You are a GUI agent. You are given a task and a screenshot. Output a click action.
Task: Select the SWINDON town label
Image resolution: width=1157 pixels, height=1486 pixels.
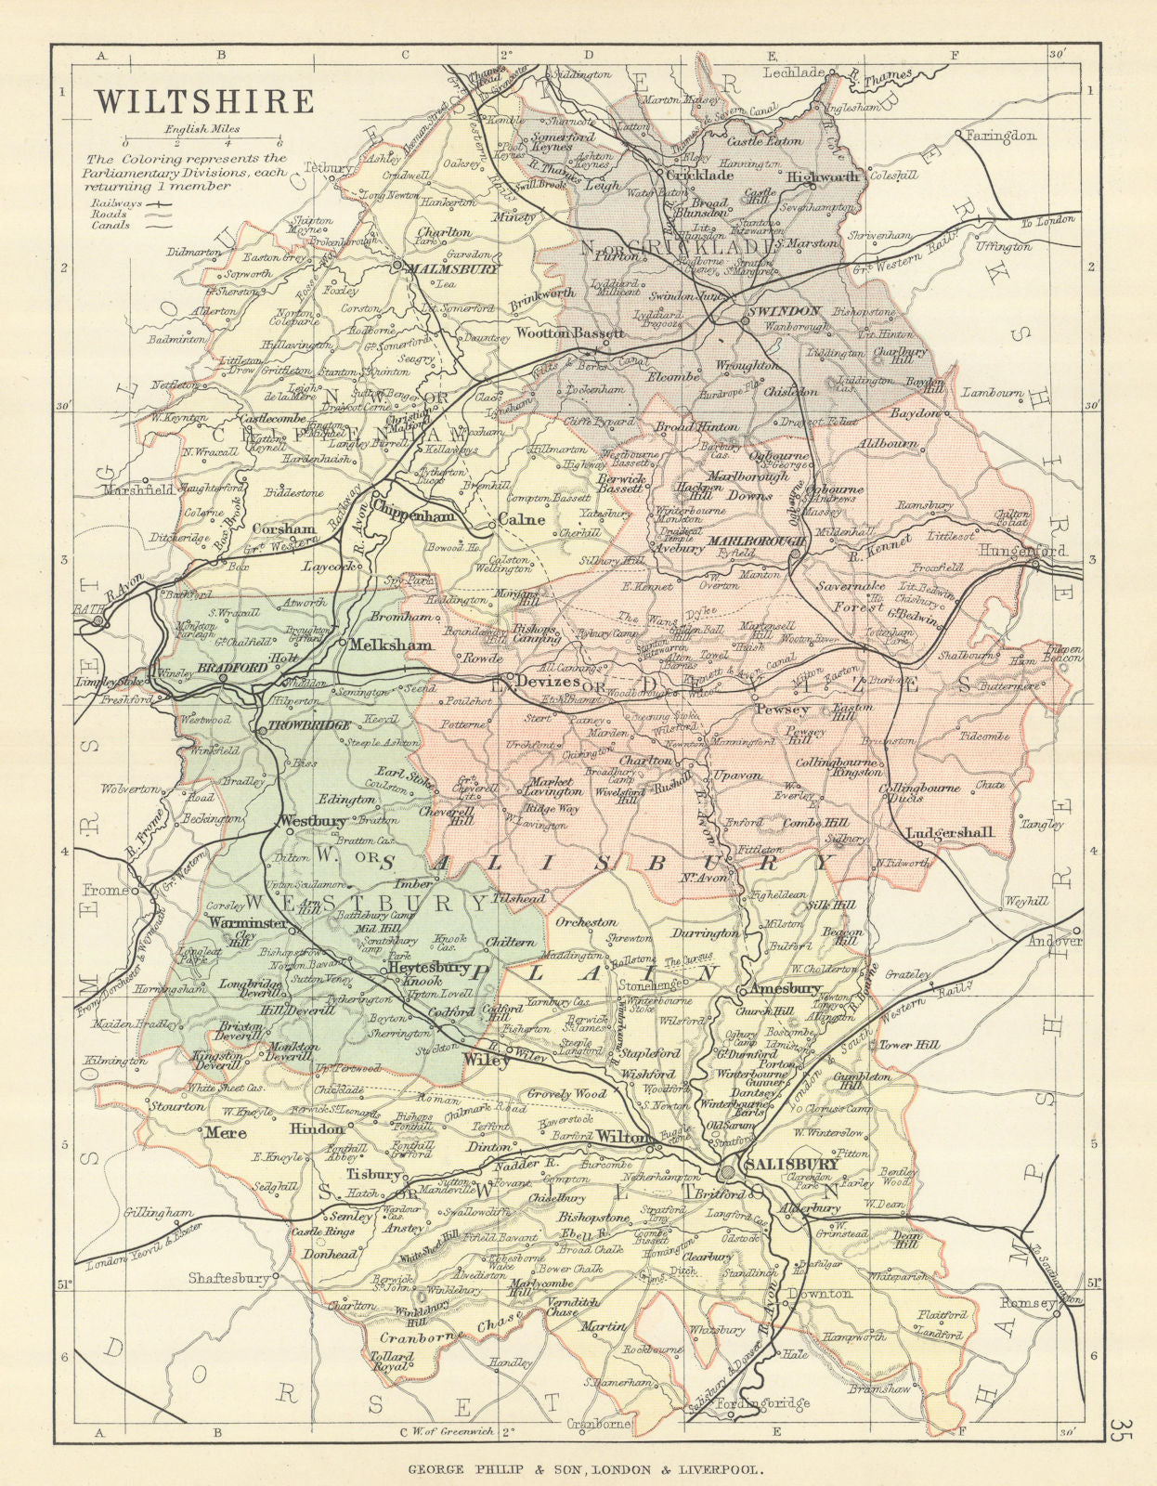783,311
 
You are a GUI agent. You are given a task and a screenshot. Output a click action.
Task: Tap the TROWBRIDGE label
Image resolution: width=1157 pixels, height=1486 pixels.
308,725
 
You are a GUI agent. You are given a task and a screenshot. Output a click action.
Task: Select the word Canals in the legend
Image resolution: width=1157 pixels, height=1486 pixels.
110,225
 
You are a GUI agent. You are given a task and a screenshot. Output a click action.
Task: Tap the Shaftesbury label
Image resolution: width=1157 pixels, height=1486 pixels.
228,1278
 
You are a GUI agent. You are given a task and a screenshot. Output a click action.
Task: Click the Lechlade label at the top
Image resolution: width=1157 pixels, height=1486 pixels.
793,72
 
